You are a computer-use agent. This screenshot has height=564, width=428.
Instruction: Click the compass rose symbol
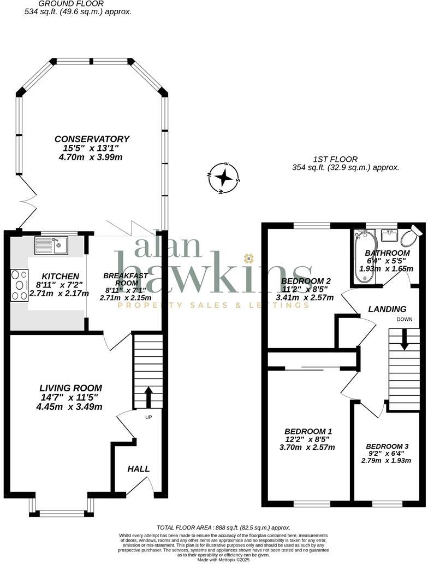pyautogui.click(x=224, y=177)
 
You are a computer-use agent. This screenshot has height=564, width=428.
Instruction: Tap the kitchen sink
pyautogui.click(x=51, y=245)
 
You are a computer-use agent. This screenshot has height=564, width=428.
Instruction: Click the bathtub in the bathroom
pyautogui.click(x=362, y=256)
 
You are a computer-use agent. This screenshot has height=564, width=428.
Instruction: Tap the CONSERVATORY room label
pyautogui.click(x=92, y=139)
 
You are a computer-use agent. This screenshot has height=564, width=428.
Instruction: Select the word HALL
pyautogui.click(x=139, y=469)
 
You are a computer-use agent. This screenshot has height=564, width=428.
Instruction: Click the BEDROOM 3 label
pyautogui.click(x=387, y=446)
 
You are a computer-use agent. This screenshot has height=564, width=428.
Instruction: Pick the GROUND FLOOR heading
pyautogui.click(x=79, y=3)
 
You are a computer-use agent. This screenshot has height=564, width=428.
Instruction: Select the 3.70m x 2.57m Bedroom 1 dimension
pyautogui.click(x=307, y=447)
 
